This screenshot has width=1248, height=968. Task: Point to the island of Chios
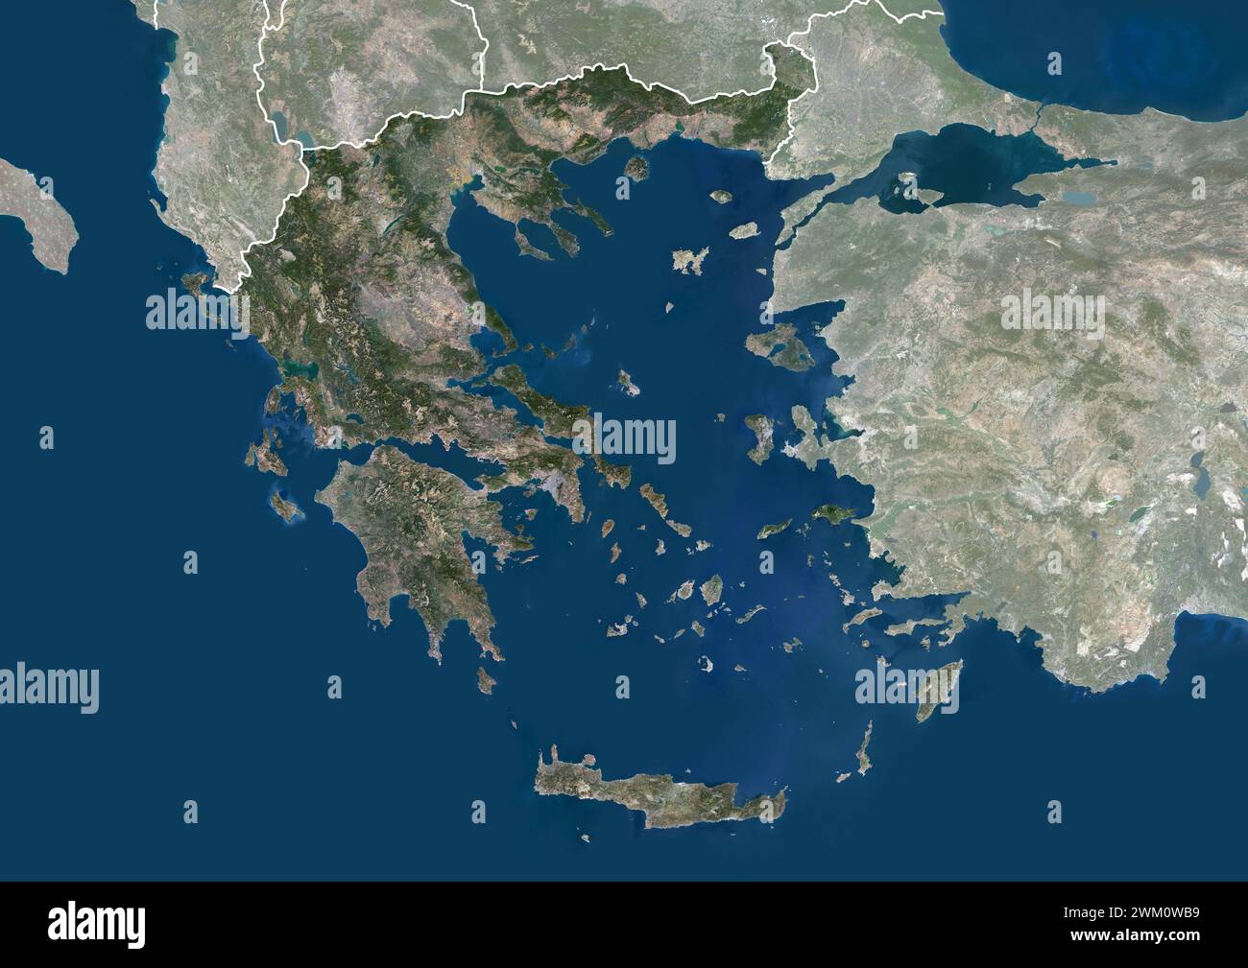[757, 435]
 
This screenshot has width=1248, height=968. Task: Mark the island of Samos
[828, 515]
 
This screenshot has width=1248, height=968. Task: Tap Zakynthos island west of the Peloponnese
[285, 505]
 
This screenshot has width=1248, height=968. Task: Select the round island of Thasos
[636, 168]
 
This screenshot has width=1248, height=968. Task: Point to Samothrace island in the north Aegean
[721, 197]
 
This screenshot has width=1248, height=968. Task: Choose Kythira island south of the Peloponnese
[487, 681]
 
